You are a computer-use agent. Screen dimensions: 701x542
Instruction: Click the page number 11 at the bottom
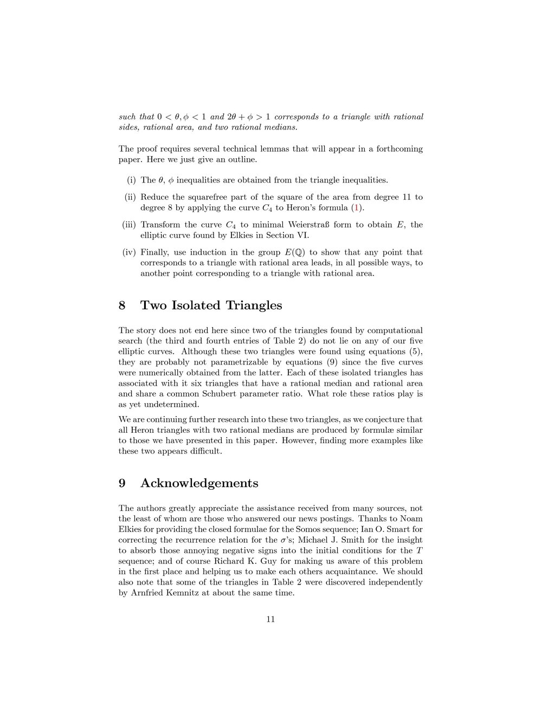click(x=270, y=620)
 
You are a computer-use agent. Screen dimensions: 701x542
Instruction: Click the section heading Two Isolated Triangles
click(x=211, y=306)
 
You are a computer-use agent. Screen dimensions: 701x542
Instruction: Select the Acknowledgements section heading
click(x=199, y=483)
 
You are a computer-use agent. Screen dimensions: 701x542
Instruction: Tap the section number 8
click(x=122, y=306)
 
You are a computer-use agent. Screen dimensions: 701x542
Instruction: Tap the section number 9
click(x=122, y=483)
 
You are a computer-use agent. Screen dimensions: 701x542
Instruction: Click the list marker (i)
click(x=131, y=180)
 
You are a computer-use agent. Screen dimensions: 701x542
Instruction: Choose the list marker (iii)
click(x=129, y=225)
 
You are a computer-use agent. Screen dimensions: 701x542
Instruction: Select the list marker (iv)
click(x=130, y=252)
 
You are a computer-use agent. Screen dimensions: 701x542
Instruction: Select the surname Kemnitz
click(x=189, y=593)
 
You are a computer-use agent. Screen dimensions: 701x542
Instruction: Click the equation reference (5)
click(x=414, y=352)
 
